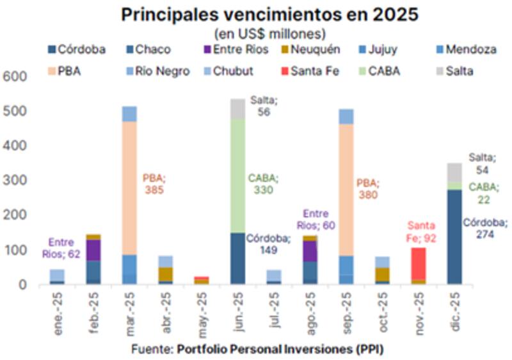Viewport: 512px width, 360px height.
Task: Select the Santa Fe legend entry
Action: point(316,71)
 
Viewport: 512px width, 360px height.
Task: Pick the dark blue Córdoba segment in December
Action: point(454,236)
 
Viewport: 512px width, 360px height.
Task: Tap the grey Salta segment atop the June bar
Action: point(237,109)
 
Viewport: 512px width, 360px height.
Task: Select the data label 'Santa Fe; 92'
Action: point(421,232)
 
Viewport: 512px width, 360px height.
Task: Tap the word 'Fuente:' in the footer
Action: point(152,349)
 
